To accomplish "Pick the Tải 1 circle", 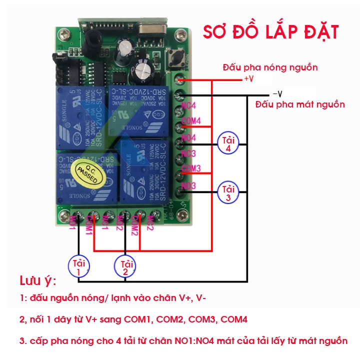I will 78,266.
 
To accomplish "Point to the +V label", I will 248,79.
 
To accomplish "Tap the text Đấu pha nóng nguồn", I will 270,67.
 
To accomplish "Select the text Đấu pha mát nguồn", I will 299,104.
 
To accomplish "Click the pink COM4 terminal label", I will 191,121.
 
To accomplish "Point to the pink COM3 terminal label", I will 191,168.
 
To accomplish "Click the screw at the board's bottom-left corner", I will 63,216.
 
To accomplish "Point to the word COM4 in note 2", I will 233,319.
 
